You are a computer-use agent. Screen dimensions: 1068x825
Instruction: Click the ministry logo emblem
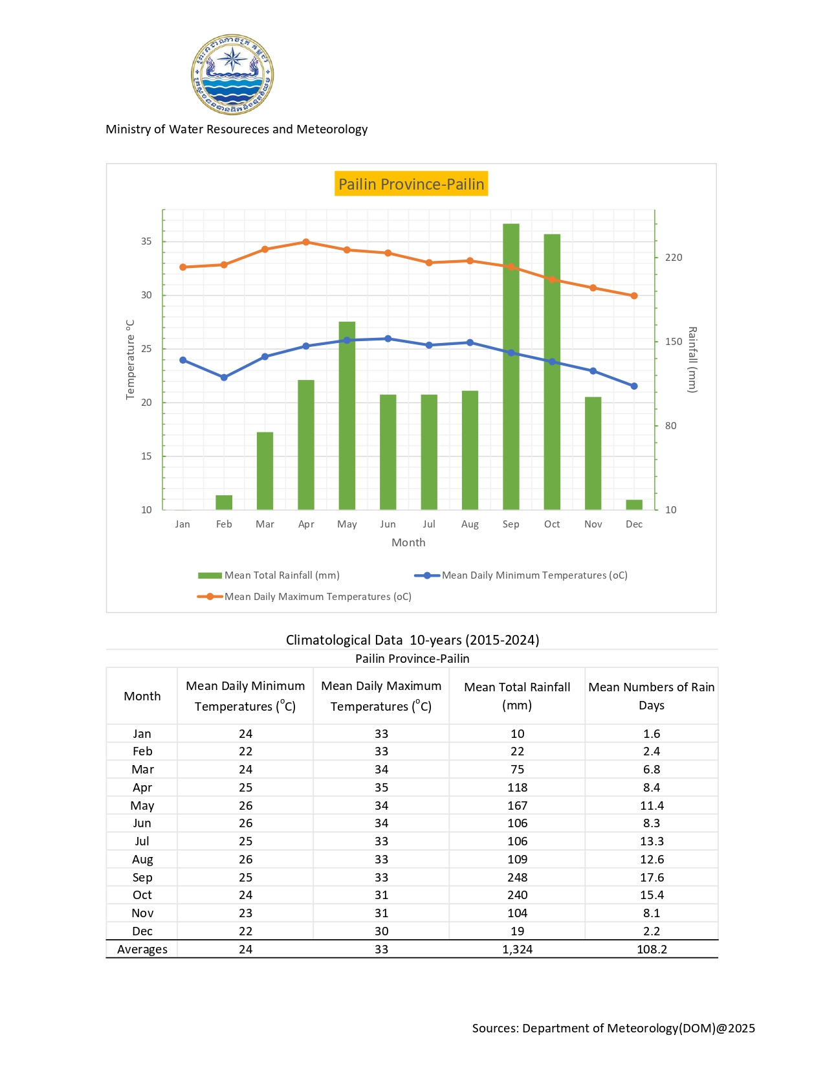click(232, 74)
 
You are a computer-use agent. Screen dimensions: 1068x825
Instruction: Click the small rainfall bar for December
click(634, 505)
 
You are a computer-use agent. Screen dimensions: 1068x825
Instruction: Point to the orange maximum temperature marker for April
click(306, 242)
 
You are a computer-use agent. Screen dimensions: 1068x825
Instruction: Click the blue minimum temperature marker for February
click(224, 377)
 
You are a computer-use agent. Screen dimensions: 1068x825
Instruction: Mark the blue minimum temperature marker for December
click(634, 386)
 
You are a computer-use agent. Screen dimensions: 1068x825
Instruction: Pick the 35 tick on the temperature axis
click(147, 241)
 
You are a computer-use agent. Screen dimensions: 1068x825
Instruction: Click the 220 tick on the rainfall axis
click(674, 258)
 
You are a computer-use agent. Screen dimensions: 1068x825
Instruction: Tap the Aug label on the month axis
click(470, 524)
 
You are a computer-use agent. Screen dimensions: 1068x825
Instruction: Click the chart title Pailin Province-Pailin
click(412, 184)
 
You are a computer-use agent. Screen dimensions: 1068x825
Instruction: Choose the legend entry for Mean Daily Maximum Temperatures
click(317, 597)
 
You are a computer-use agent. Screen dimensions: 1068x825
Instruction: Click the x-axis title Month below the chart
click(408, 542)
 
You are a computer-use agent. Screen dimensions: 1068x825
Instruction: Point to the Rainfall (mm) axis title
click(692, 360)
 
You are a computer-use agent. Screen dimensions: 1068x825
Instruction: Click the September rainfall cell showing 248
click(517, 877)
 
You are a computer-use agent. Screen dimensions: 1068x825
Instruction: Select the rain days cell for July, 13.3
click(651, 841)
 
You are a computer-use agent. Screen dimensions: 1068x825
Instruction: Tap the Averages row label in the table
click(142, 950)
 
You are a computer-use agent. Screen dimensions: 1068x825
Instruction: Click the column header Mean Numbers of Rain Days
click(651, 696)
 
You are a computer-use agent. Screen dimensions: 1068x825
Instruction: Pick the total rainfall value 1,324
click(517, 950)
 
